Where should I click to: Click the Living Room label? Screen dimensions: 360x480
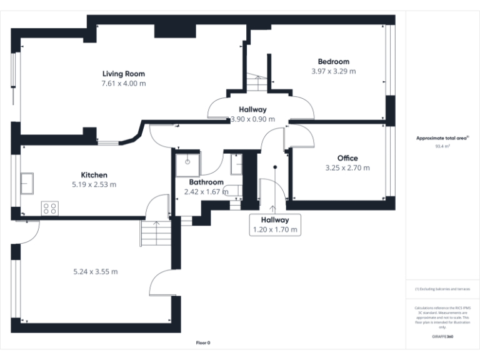point(124,74)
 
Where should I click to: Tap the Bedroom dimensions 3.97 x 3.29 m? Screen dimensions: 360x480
point(333,71)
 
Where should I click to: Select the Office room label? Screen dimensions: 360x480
point(347,158)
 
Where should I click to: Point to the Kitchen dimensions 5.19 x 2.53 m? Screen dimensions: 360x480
point(94,184)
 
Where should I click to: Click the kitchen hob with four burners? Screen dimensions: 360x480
point(49,208)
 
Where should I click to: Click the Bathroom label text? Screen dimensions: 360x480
point(206,182)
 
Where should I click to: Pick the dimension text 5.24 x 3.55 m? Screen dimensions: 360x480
point(96,271)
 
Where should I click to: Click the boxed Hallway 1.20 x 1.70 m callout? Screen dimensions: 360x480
point(275,225)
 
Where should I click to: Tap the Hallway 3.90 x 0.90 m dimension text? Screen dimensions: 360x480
point(252,119)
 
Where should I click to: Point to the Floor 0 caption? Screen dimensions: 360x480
point(203,343)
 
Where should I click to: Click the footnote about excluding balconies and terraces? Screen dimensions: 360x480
point(442,289)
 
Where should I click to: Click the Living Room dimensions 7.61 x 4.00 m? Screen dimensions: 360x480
point(124,83)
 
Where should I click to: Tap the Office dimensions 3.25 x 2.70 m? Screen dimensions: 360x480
point(347,167)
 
